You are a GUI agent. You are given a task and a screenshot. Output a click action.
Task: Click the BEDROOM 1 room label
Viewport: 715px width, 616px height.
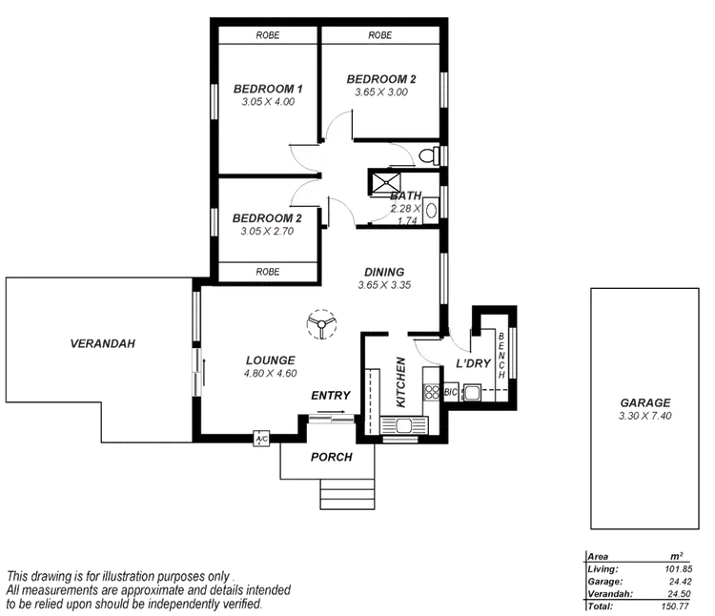click(268, 90)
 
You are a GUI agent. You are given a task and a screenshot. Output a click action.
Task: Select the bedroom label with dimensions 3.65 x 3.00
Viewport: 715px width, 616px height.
click(381, 79)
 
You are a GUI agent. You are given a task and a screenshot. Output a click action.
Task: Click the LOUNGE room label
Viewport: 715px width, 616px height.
click(271, 359)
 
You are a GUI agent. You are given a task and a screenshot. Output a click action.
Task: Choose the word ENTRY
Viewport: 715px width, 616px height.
click(331, 395)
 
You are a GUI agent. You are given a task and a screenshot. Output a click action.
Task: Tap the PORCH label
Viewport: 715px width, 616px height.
click(331, 458)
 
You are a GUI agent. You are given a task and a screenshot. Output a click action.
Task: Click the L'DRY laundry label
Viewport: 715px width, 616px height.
click(473, 363)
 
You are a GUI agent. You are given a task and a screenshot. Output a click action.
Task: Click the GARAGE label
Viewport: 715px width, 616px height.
click(645, 402)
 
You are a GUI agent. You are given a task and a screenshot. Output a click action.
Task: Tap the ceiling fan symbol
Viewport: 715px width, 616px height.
click(320, 325)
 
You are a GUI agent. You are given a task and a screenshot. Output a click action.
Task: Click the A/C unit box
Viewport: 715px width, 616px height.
click(259, 440)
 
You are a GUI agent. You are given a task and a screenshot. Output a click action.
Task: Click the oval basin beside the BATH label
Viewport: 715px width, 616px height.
click(430, 211)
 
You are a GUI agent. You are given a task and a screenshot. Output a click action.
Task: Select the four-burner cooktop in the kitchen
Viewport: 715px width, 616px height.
click(431, 392)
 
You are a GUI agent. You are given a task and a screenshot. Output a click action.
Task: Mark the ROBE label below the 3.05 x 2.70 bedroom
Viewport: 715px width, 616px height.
click(268, 272)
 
